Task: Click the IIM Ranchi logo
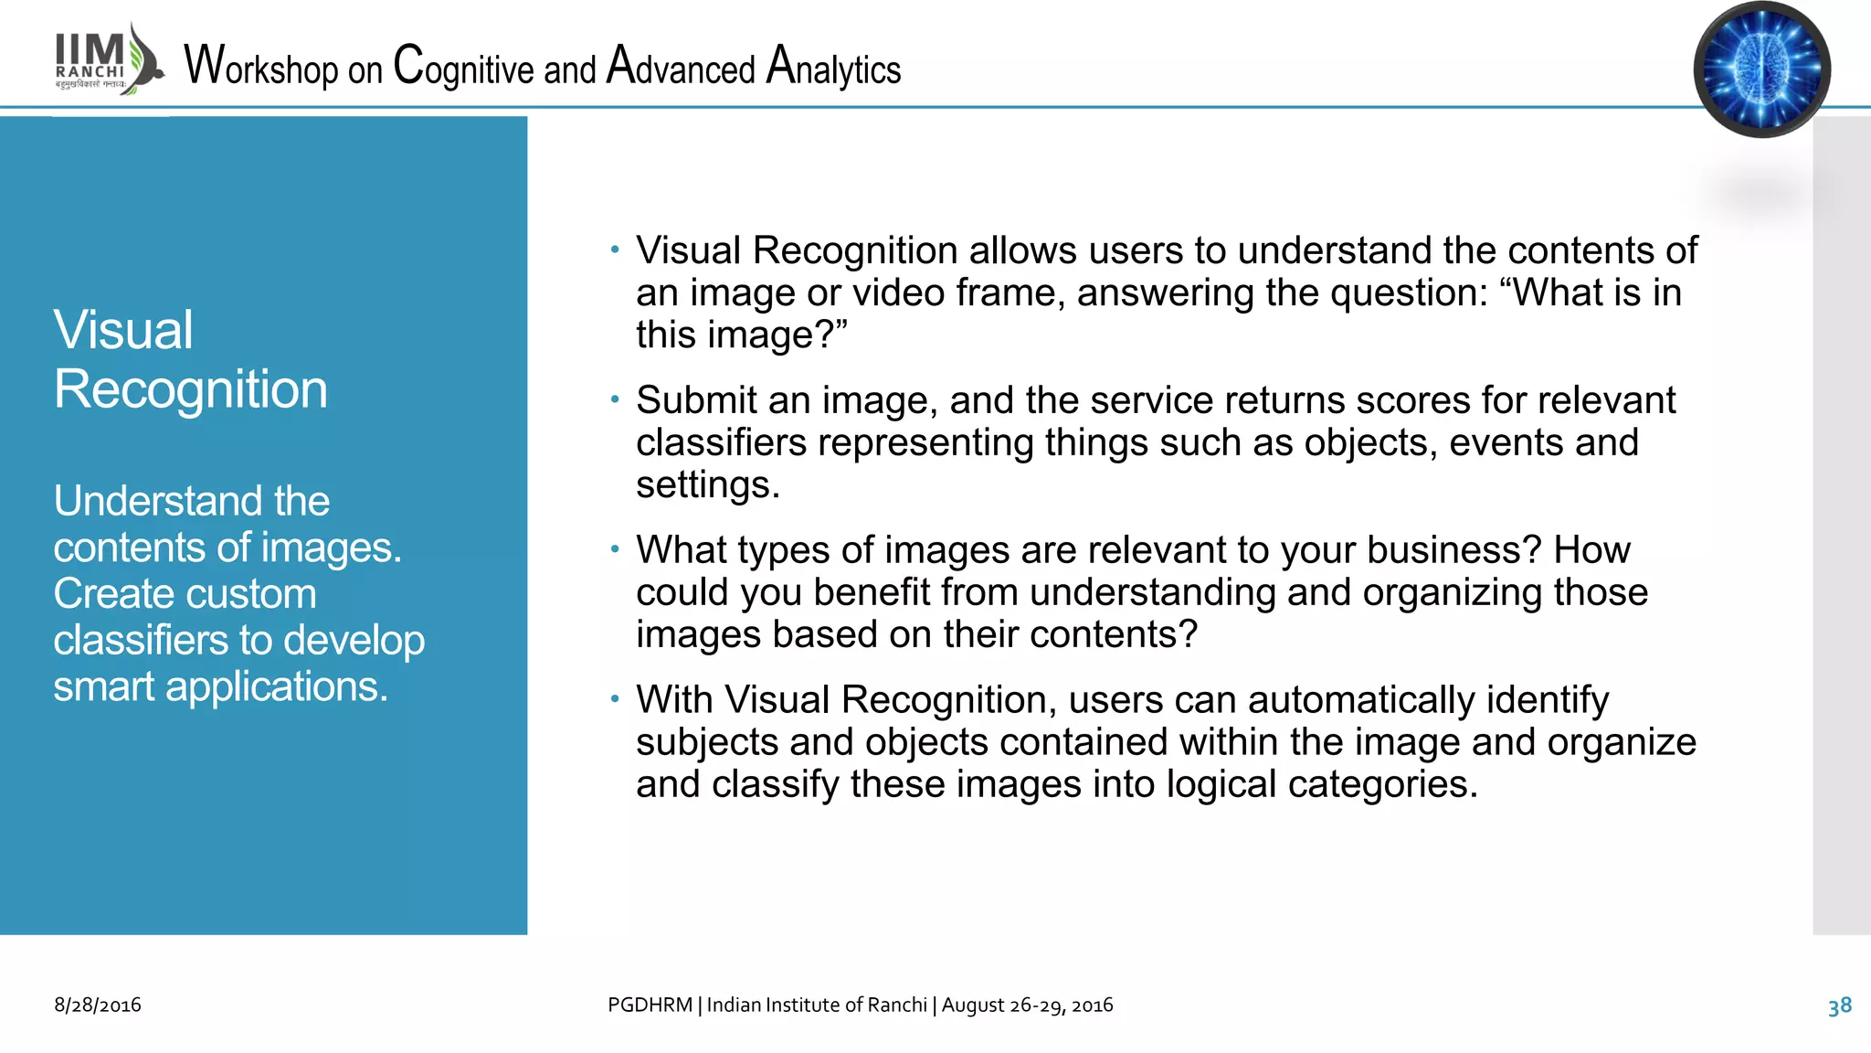point(108,60)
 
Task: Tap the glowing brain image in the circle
point(1761,69)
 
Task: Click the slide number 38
point(1839,1006)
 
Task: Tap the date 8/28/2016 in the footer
point(98,1005)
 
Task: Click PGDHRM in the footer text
point(650,1005)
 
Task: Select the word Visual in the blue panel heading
point(123,330)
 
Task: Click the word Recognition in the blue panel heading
point(190,389)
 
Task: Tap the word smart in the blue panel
point(103,686)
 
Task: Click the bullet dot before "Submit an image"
point(616,399)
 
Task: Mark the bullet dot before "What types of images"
point(616,548)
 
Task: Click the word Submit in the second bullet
point(696,400)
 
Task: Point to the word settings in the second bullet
point(706,484)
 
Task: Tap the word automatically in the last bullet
point(1361,700)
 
